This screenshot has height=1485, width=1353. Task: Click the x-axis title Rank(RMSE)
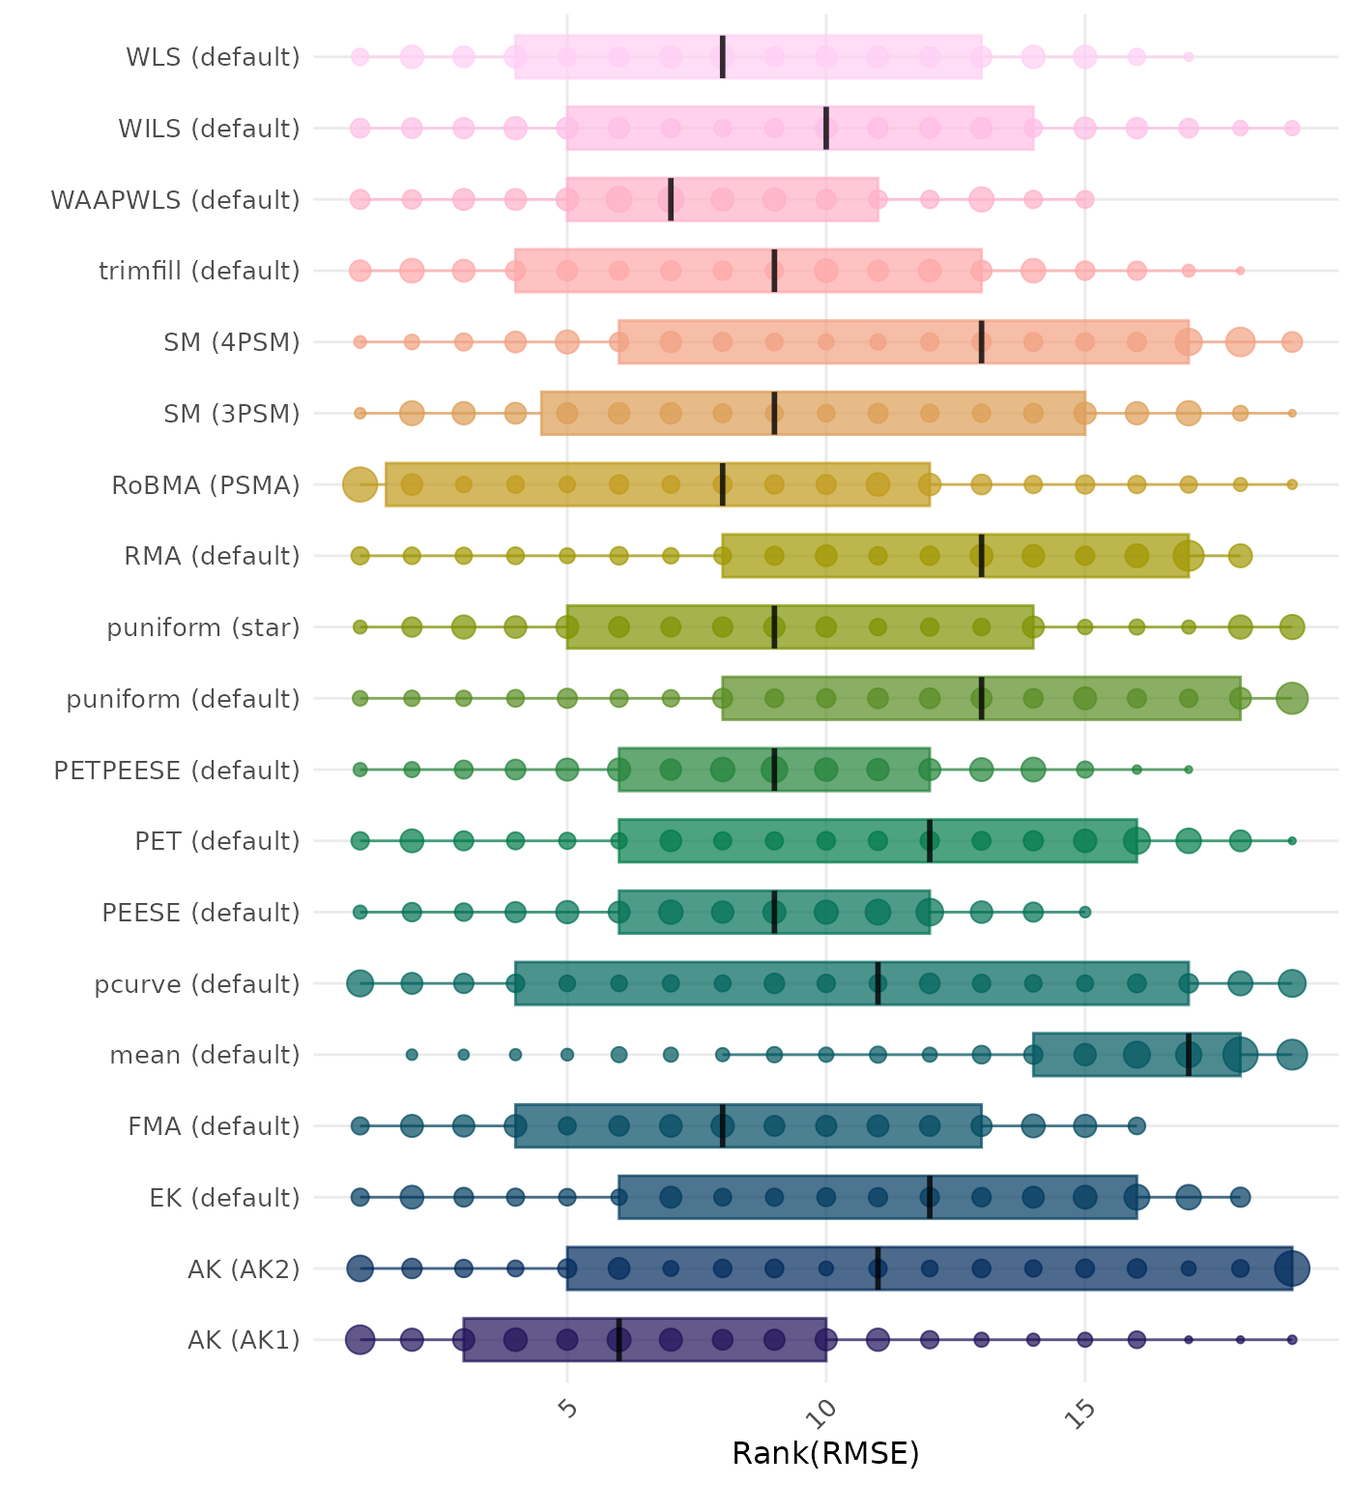[x=825, y=1453]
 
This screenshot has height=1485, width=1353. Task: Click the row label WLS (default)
[x=213, y=57]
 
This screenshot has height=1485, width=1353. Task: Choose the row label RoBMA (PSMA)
[x=206, y=485]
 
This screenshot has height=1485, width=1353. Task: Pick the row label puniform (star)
[x=203, y=628]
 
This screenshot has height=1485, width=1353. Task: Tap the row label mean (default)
[x=205, y=1056]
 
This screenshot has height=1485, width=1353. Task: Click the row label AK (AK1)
[x=244, y=1341]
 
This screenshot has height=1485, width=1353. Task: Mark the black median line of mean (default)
[x=1189, y=1055]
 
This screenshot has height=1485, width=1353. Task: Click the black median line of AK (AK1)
[x=619, y=1340]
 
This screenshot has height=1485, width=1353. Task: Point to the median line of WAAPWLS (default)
[x=671, y=199]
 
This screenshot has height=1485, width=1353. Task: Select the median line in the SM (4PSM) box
[x=982, y=342]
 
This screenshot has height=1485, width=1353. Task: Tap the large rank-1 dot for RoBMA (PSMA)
[x=360, y=484]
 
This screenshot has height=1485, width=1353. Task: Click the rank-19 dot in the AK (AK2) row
[x=1292, y=1268]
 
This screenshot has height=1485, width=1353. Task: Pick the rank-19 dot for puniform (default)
[x=1292, y=698]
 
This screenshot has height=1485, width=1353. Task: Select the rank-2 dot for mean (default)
[x=412, y=1055]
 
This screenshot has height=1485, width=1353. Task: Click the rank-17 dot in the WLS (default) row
[x=1189, y=57]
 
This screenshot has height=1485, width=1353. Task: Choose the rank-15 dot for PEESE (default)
[x=1085, y=913]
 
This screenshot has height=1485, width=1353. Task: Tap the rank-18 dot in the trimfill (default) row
[x=1240, y=271]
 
